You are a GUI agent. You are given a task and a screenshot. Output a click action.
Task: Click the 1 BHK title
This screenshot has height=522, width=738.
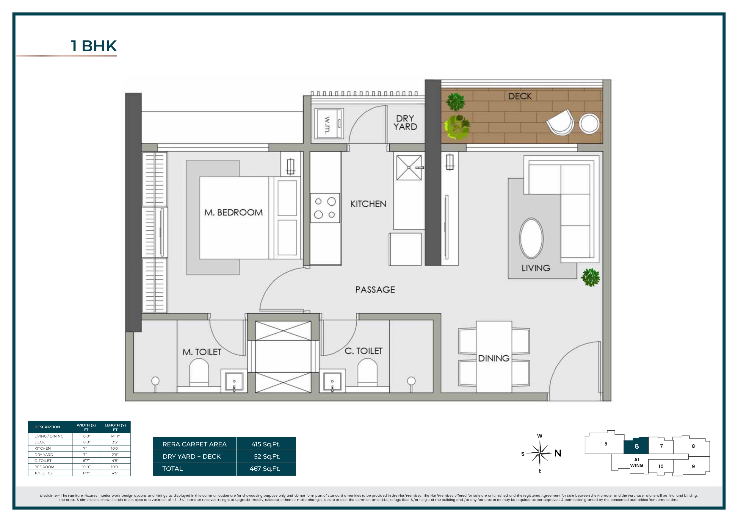pyautogui.click(x=93, y=46)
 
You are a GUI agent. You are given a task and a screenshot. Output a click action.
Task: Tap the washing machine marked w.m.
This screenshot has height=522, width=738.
pyautogui.click(x=329, y=124)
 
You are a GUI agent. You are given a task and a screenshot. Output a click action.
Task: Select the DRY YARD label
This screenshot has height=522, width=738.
pyautogui.click(x=405, y=123)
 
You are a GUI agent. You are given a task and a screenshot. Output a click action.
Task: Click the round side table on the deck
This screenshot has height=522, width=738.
pyautogui.click(x=589, y=124)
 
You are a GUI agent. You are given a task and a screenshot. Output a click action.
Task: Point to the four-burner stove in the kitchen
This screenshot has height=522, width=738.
pyautogui.click(x=325, y=208)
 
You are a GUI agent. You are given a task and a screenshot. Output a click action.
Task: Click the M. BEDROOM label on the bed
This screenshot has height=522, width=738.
pyautogui.click(x=233, y=212)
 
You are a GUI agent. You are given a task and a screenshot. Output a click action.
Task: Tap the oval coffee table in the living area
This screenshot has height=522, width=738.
pyautogui.click(x=531, y=238)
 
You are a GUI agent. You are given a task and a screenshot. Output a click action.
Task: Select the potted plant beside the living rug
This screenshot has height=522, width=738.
pyautogui.click(x=590, y=277)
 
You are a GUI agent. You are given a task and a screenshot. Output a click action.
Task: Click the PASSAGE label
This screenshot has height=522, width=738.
pyautogui.click(x=375, y=290)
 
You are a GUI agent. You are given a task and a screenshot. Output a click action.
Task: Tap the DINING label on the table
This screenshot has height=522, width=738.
pyautogui.click(x=494, y=358)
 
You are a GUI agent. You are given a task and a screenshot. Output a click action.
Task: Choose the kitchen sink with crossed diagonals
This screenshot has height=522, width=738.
pyautogui.click(x=408, y=168)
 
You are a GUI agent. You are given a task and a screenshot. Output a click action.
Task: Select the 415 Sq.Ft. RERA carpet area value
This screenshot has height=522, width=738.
pyautogui.click(x=266, y=444)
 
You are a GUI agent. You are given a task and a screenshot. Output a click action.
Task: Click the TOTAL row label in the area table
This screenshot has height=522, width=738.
pyautogui.click(x=173, y=469)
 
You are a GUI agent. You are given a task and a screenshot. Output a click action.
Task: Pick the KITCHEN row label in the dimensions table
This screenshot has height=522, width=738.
pyautogui.click(x=43, y=448)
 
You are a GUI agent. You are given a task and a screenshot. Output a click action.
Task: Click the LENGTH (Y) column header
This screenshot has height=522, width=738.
pyautogui.click(x=115, y=427)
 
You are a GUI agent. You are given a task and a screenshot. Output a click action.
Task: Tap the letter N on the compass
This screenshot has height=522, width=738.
pyautogui.click(x=558, y=453)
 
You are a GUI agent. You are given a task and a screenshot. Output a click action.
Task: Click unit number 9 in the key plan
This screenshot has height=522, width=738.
pyautogui.click(x=693, y=466)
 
